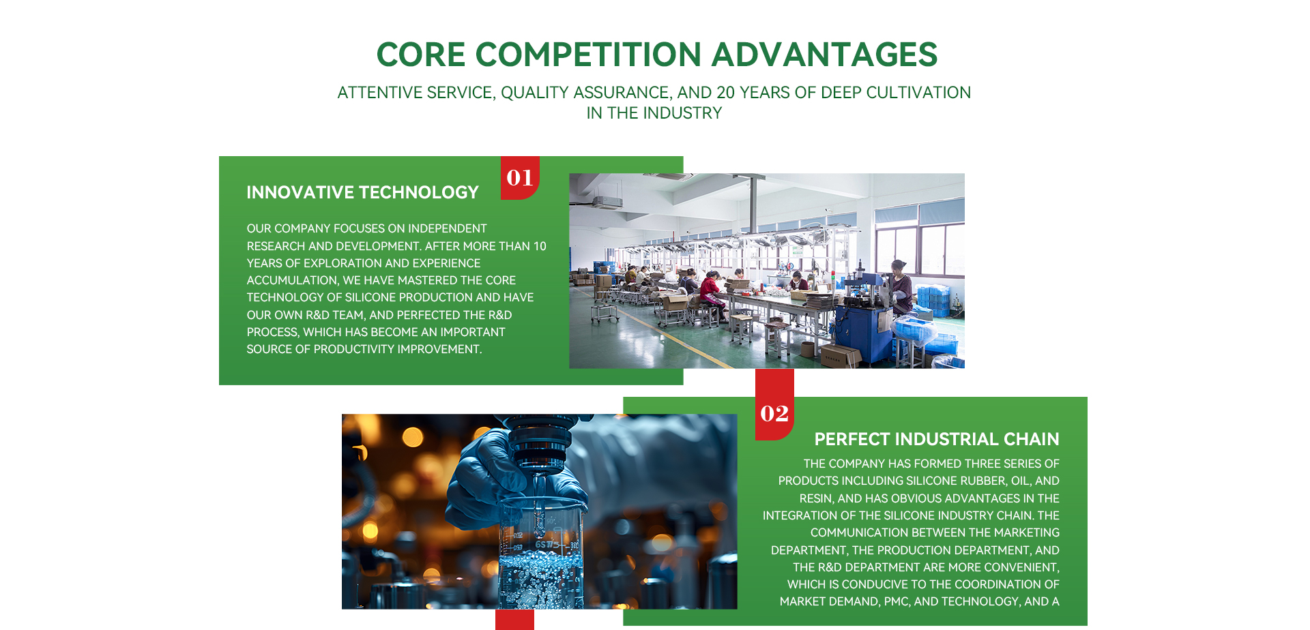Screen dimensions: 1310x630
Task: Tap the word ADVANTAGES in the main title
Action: point(824,55)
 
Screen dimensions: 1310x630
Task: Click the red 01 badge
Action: point(520,178)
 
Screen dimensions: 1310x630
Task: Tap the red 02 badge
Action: point(774,413)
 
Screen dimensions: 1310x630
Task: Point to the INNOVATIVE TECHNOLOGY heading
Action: point(362,192)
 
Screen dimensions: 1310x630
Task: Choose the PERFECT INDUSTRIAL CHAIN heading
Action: point(937,439)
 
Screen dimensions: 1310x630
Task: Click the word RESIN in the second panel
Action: point(815,498)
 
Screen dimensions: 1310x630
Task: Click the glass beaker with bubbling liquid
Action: point(541,552)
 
